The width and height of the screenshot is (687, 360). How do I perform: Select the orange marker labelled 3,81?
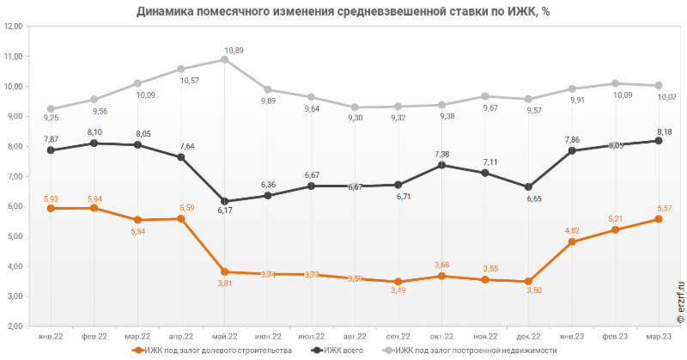pyautogui.click(x=225, y=272)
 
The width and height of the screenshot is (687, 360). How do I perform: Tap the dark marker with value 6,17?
pyautogui.click(x=225, y=201)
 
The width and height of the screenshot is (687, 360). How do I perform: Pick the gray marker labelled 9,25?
pyautogui.click(x=51, y=108)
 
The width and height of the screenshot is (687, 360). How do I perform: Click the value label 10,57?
pyautogui.click(x=188, y=81)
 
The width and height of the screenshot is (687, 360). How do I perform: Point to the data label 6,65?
pyautogui.click(x=530, y=199)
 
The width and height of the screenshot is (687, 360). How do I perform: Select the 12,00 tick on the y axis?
pyautogui.click(x=14, y=27)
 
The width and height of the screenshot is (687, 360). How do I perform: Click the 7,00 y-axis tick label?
pyautogui.click(x=14, y=176)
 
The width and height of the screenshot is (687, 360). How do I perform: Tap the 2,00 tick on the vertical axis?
pyautogui.click(x=14, y=326)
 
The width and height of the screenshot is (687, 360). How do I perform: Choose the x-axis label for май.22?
pyautogui.click(x=225, y=337)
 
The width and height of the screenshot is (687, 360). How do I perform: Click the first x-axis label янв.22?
pyautogui.click(x=51, y=337)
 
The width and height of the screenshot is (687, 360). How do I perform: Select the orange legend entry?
pyautogui.click(x=210, y=351)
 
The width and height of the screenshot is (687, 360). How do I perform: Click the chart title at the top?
pyautogui.click(x=343, y=10)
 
